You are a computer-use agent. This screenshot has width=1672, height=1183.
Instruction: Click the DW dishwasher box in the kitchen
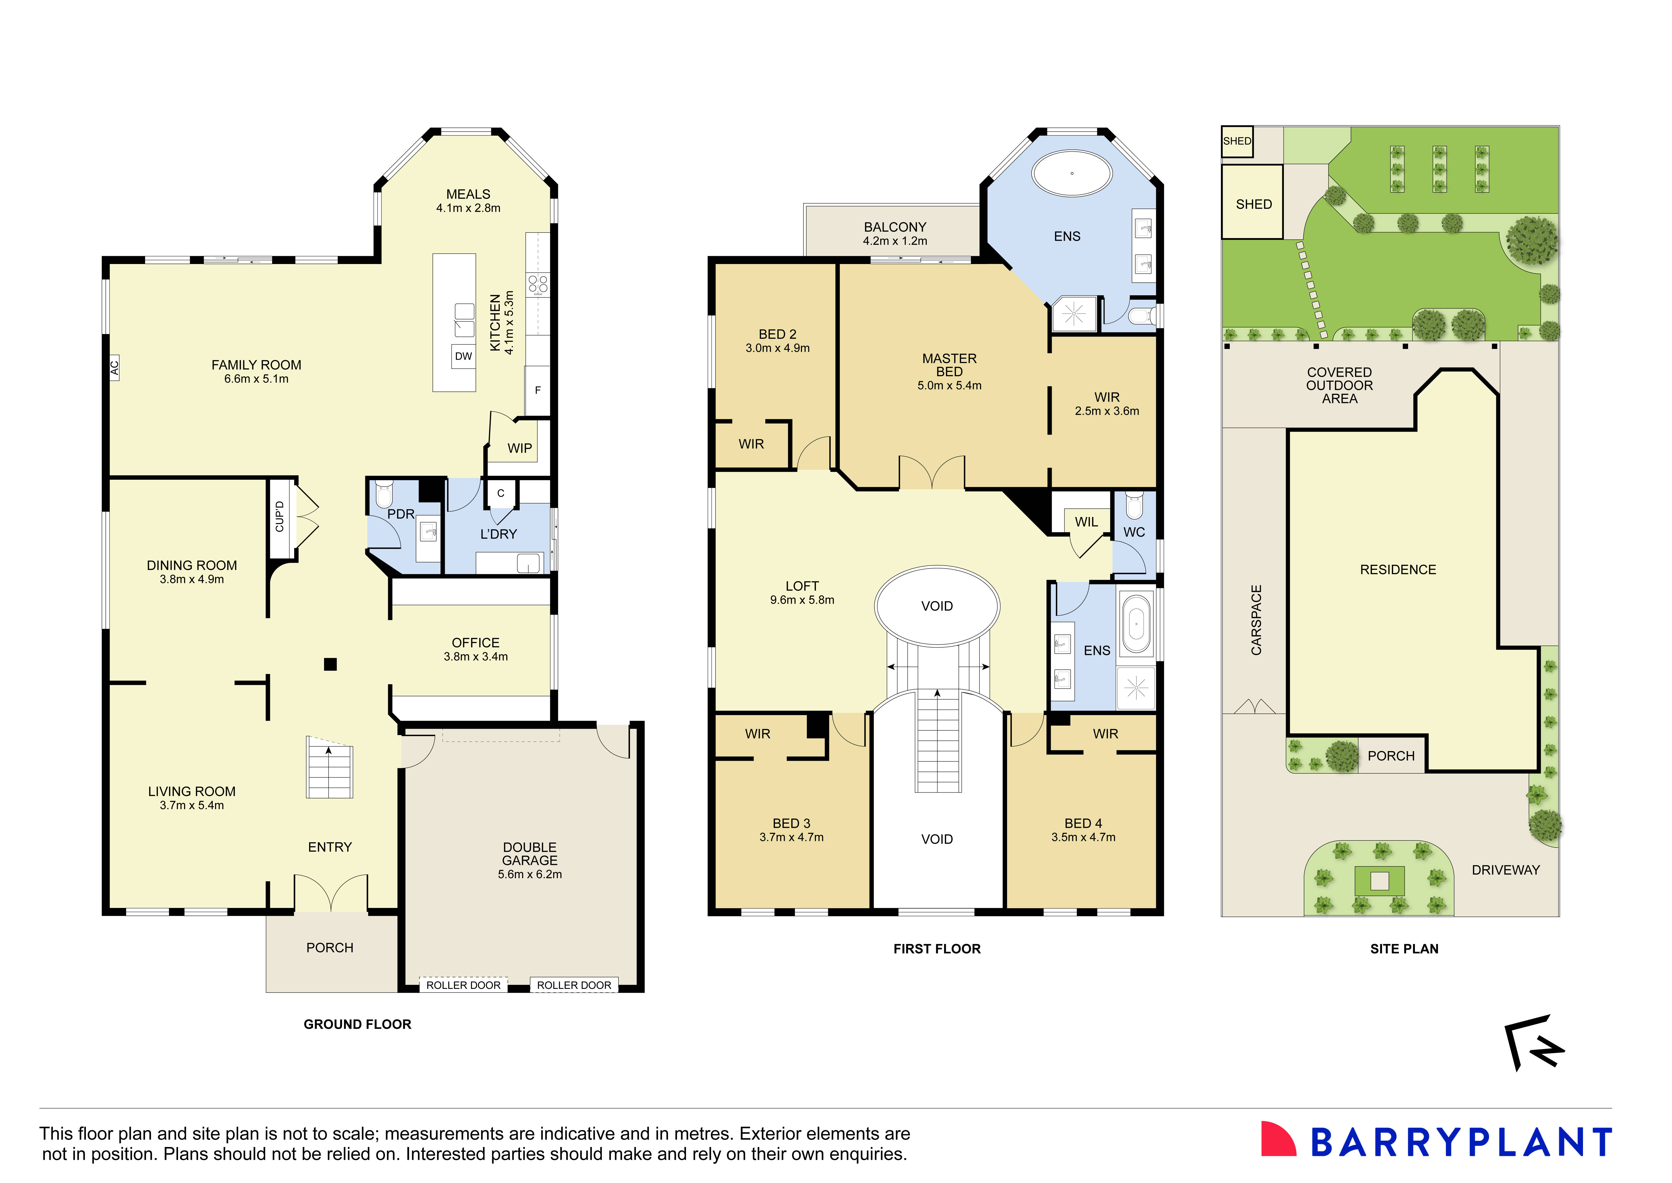(463, 356)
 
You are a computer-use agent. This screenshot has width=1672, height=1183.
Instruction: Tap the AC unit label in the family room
(114, 368)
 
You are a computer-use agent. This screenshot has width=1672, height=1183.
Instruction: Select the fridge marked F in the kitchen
(538, 390)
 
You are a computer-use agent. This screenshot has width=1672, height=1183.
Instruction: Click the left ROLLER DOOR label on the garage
(463, 985)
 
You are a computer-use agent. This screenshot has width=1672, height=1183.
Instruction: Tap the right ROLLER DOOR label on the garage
(574, 985)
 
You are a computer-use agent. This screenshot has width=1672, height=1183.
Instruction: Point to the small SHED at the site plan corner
(1237, 141)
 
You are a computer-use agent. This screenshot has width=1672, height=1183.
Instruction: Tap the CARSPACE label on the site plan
(1256, 620)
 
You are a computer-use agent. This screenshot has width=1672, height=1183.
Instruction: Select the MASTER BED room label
(949, 365)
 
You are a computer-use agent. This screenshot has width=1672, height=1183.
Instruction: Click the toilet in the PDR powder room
(384, 494)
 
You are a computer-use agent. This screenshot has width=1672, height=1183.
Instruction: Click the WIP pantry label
(519, 448)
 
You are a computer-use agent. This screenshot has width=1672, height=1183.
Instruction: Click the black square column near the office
(330, 664)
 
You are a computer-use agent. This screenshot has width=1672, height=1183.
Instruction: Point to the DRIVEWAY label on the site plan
(1505, 870)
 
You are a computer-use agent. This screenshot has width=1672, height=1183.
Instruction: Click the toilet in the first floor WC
(1134, 504)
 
